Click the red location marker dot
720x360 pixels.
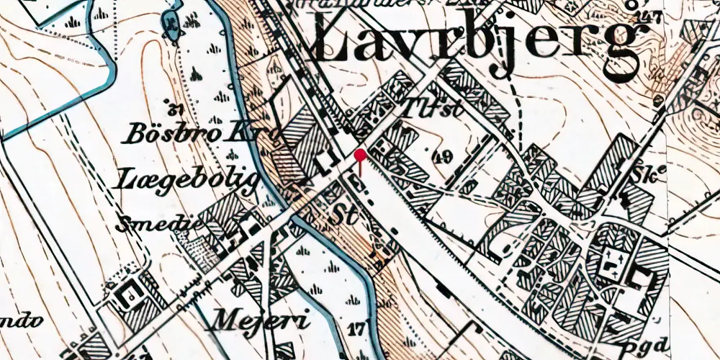(360, 154)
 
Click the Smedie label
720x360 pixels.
(153, 223)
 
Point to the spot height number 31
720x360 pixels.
(171, 110)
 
